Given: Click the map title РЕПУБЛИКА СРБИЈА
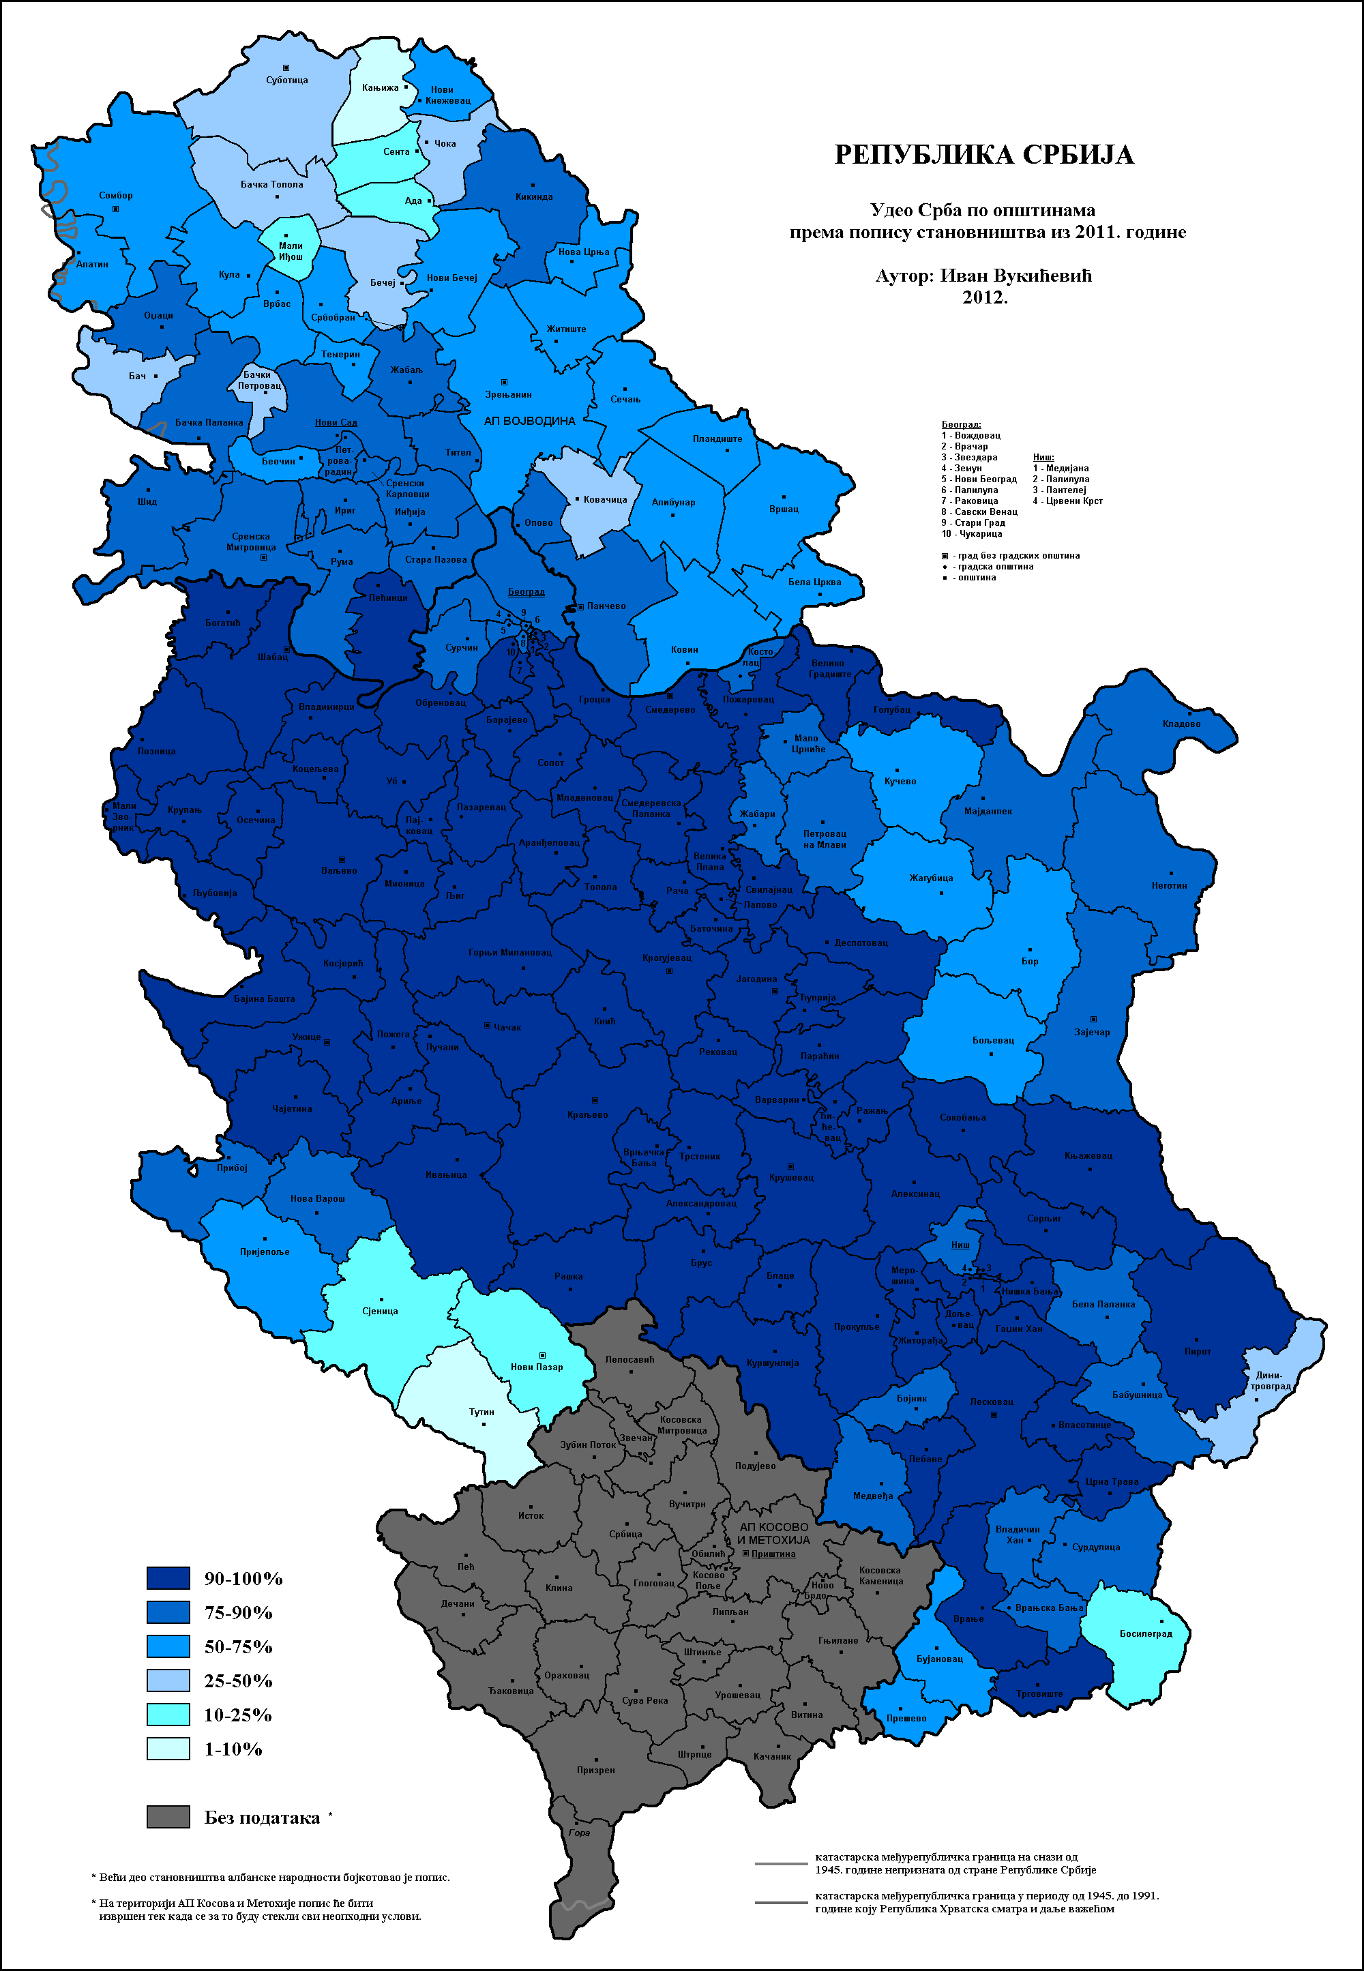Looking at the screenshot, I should pos(983,155).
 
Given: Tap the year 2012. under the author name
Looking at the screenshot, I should pos(985,298).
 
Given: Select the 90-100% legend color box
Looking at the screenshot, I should pos(168,1578).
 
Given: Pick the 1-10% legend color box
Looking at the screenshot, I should pos(168,1749).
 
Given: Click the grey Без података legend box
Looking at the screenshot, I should pos(168,1817).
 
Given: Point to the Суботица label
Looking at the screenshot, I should pos(286,80).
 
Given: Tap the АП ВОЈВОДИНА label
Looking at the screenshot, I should pos(529,421).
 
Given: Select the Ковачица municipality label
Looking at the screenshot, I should pos(605,500).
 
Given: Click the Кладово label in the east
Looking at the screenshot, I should pos(1181,724).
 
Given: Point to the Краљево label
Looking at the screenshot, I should pos(587,1114).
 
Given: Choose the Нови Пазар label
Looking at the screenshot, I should pos(537,1367).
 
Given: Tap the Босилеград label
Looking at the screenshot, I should pos(1145,1633).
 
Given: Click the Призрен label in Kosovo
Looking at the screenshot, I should pos(595,1770).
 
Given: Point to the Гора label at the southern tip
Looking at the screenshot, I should pos(580,1833).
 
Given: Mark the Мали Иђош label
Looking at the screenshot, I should pos(291,251).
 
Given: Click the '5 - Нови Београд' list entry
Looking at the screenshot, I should pos(979,479).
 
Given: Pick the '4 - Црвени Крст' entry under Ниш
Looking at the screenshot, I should pos(1067,501).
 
